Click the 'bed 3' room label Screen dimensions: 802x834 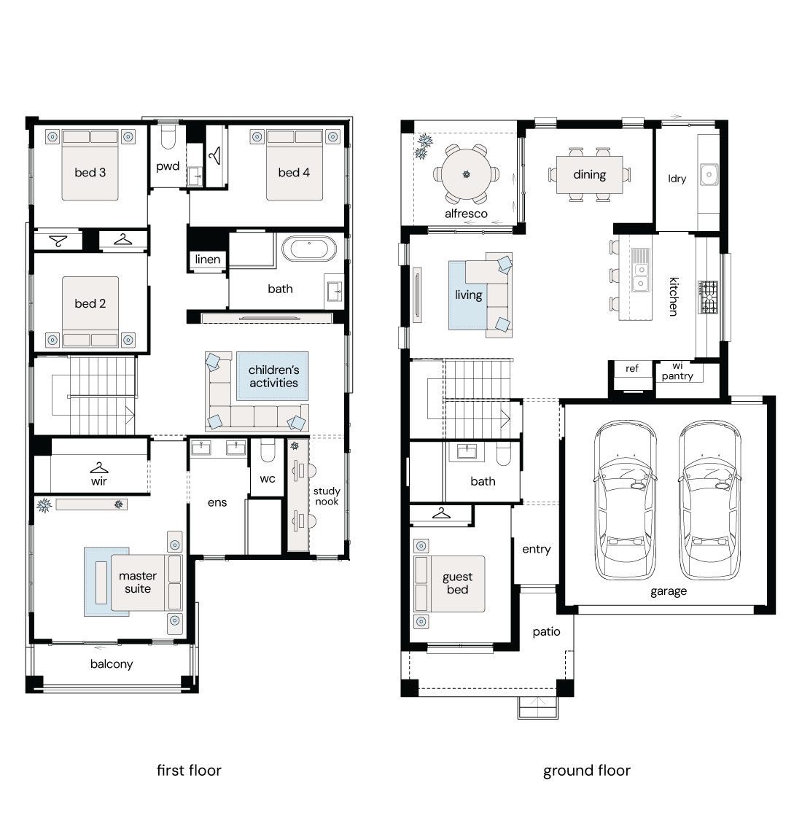click(x=90, y=172)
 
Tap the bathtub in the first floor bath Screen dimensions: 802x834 click(x=309, y=249)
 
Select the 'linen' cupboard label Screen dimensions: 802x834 click(x=207, y=259)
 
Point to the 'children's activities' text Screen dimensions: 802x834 click(x=273, y=376)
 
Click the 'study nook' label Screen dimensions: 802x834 click(x=327, y=496)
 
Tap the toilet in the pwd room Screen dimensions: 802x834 click(x=168, y=137)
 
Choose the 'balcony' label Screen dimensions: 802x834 click(x=112, y=664)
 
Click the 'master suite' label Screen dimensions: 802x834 click(x=138, y=582)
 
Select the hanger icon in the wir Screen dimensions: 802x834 click(x=99, y=467)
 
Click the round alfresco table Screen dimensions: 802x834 click(x=467, y=174)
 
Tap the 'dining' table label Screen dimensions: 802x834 click(x=589, y=174)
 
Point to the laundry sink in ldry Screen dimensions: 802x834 click(x=709, y=174)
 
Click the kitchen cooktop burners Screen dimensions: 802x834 click(x=708, y=297)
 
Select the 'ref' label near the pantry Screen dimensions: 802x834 click(x=632, y=368)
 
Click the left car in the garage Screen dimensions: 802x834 click(x=625, y=500)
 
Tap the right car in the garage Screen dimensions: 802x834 click(x=710, y=500)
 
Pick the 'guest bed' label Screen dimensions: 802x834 click(x=457, y=583)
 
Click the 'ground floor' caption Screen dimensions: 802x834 click(x=587, y=771)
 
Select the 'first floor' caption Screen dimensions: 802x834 click(x=189, y=770)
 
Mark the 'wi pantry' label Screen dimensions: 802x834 click(x=677, y=371)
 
